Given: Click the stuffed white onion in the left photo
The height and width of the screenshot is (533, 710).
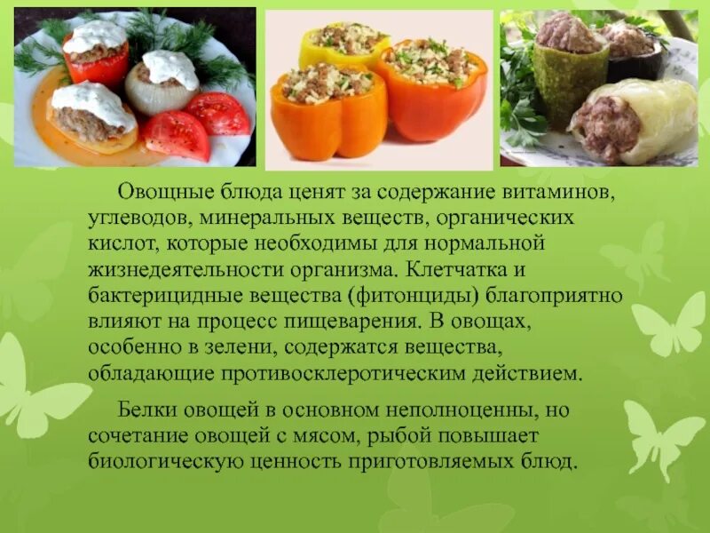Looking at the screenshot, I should tap(162, 84).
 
